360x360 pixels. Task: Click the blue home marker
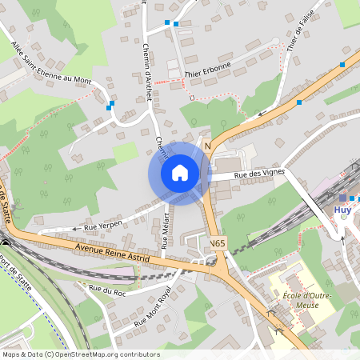pos(180,173)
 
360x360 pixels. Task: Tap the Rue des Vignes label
pos(259,174)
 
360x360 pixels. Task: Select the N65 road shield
pos(218,242)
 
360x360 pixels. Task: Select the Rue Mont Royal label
pos(153,308)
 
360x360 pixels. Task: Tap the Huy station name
pos(342,210)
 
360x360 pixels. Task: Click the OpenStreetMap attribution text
pos(81,354)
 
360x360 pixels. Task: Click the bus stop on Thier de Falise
pos(342,64)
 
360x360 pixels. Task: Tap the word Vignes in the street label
pos(270,173)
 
